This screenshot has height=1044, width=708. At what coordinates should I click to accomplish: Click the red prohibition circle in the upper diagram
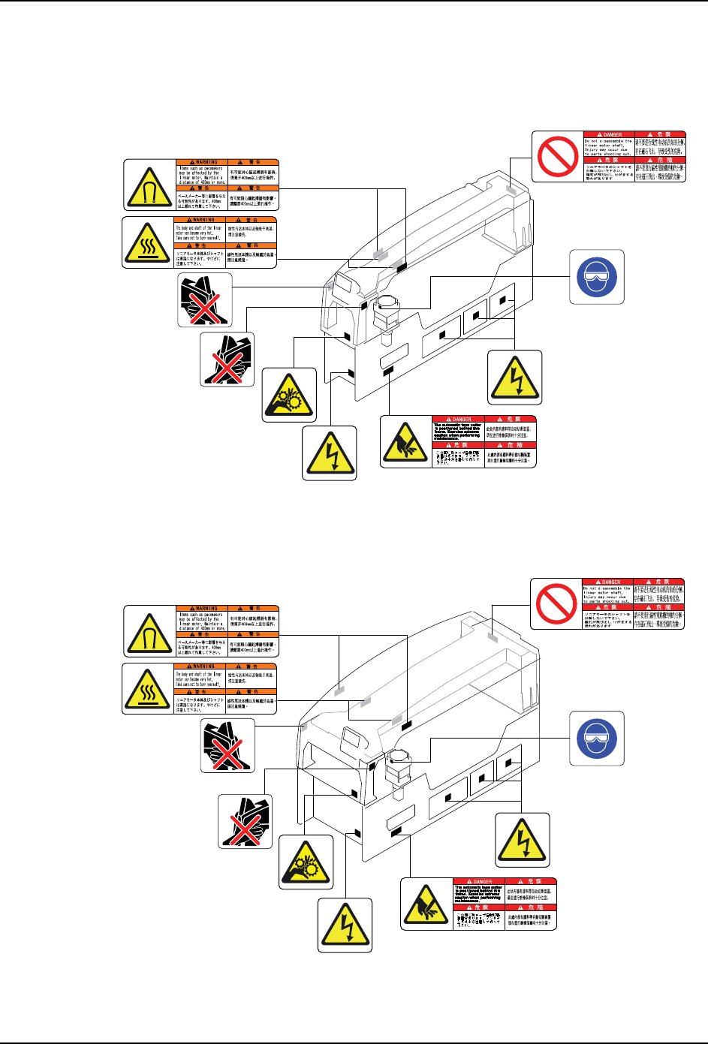557,156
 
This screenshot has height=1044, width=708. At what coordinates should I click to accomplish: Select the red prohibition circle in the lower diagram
556,603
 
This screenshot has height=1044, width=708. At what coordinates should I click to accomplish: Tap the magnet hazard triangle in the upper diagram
149,185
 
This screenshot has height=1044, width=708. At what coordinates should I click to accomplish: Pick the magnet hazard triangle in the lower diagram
149,632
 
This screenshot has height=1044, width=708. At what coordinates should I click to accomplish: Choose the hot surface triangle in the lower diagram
148,688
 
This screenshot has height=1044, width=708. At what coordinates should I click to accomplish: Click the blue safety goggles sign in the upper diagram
596,277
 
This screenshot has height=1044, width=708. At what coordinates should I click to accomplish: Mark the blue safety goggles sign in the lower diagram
596,739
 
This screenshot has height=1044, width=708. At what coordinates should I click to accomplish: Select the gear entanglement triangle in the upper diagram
289,395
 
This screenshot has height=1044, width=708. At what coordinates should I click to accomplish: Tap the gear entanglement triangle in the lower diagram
306,862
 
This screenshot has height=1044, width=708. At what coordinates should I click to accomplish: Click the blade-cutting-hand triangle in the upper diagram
405,441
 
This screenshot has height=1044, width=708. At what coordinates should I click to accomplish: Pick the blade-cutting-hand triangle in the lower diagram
426,904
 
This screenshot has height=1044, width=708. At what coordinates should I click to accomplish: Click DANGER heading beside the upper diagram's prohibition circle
609,135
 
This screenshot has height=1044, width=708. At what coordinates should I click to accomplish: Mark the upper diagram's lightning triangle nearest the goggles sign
514,378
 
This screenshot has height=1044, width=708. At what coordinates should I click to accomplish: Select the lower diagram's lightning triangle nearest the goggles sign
523,840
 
